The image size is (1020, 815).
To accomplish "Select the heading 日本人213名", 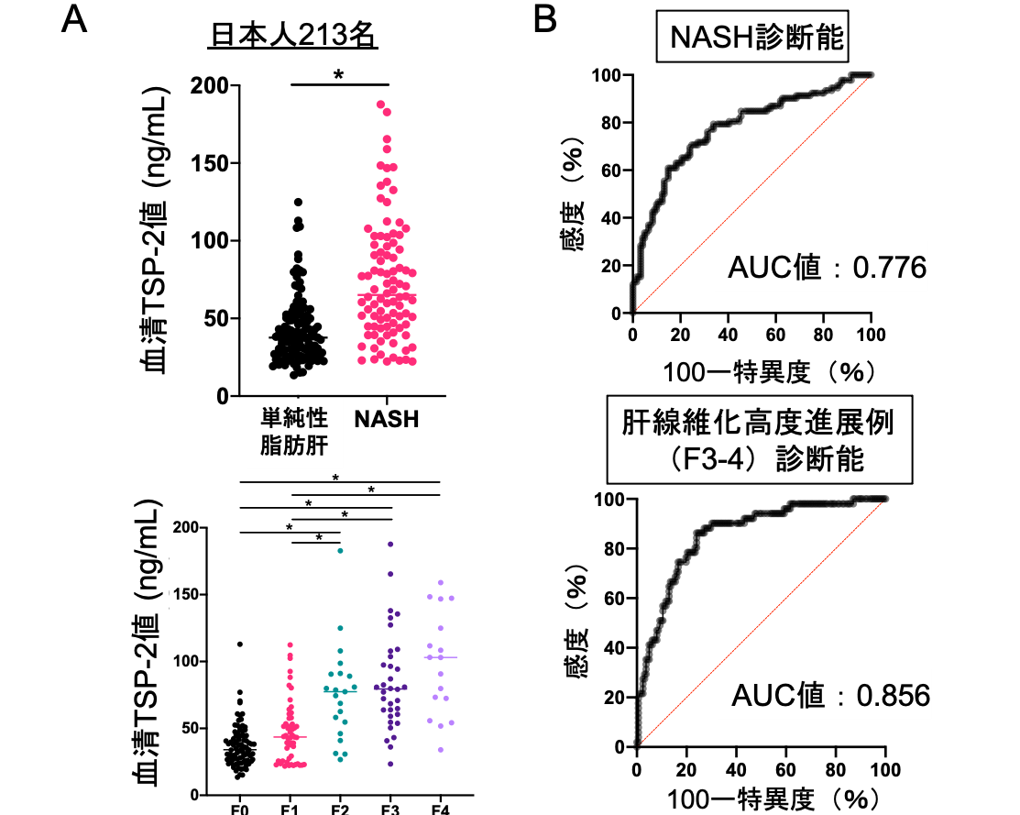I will (294, 37).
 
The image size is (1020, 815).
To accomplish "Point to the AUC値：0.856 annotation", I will (830, 696).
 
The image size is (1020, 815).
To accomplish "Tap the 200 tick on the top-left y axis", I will (210, 86).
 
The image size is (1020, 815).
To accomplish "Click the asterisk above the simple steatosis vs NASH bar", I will (338, 74).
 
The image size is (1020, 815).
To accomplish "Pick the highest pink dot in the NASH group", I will (381, 105).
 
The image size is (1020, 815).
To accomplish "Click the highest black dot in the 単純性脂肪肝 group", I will (298, 202).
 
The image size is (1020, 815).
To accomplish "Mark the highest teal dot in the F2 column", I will (340, 550).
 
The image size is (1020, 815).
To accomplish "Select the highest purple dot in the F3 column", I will (390, 545).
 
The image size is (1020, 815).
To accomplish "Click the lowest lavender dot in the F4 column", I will (440, 750).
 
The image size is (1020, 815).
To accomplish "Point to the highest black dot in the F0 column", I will (240, 644).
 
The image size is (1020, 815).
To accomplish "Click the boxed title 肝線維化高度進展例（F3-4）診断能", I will (760, 441).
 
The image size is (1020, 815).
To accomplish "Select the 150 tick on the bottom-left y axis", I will (189, 594).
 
